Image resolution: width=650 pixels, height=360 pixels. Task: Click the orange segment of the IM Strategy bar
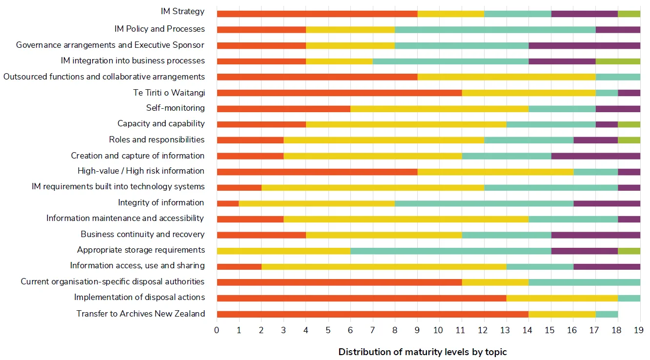point(317,14)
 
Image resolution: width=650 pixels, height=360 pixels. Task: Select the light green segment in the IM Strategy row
point(629,14)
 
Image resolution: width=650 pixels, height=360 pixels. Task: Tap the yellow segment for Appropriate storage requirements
point(284,251)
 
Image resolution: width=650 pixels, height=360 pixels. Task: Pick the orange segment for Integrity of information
point(228,203)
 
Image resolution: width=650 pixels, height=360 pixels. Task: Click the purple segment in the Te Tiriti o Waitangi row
point(629,93)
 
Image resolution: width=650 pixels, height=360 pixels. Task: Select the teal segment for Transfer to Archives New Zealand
point(607,314)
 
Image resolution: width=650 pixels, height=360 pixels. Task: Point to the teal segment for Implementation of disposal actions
point(629,298)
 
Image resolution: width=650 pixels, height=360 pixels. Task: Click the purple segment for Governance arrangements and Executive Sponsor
point(584,45)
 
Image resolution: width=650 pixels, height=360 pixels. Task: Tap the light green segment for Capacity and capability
point(629,124)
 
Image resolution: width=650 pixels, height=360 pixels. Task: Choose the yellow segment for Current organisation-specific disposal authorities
point(495,282)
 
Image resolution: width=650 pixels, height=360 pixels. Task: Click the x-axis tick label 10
point(439,331)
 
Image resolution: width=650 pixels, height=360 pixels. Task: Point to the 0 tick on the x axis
point(217,331)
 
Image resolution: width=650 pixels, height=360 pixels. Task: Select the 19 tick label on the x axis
point(638,331)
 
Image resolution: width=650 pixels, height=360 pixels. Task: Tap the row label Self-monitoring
point(175,108)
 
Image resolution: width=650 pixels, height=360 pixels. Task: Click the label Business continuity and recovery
point(142,234)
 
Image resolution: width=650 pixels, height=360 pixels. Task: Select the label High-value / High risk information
point(141,171)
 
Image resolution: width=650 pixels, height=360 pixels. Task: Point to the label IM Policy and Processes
point(160,29)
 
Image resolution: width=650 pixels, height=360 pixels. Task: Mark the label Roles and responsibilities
point(157,140)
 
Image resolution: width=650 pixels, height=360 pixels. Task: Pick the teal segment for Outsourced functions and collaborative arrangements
point(618,77)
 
